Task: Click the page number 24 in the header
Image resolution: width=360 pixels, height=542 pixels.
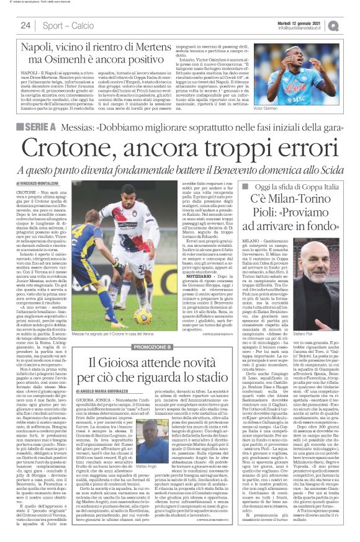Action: click(25, 25)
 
